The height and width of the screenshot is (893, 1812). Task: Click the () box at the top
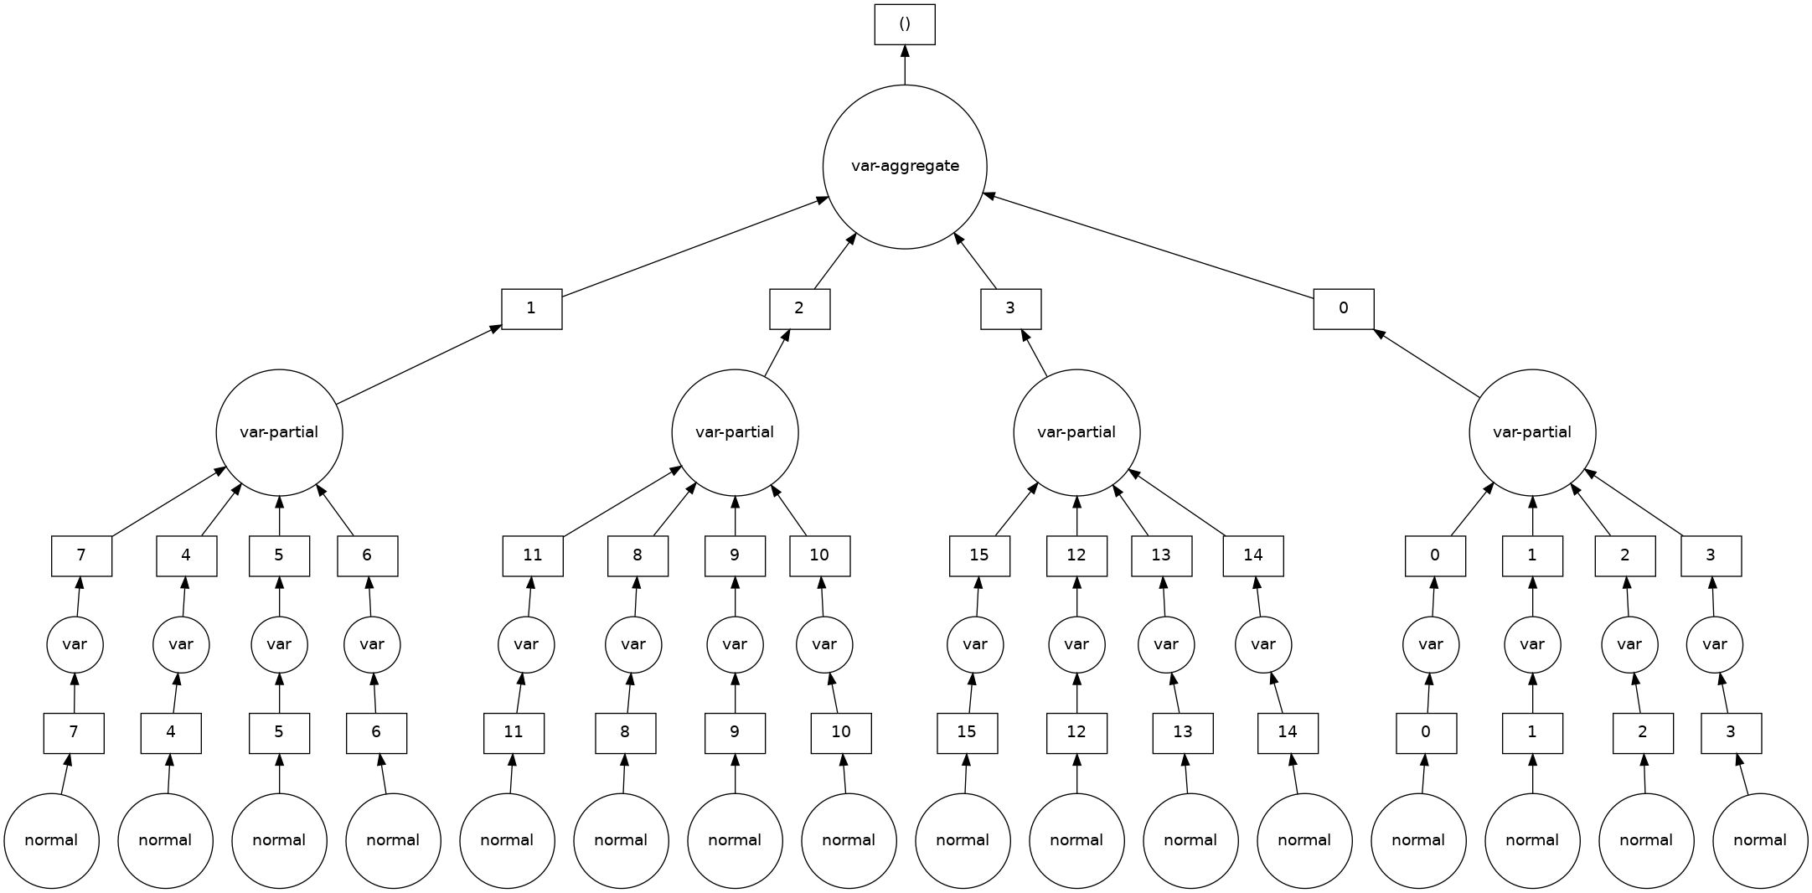[x=905, y=24]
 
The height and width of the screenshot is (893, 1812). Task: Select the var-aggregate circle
[x=905, y=167]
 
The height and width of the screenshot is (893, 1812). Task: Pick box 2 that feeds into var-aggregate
[x=799, y=309]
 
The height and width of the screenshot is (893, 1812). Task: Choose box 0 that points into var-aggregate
[x=1343, y=309]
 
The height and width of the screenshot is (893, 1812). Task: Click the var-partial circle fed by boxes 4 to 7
[x=279, y=433]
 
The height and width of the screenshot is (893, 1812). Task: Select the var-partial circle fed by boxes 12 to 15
[x=1076, y=433]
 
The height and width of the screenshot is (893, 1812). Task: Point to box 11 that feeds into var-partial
[x=533, y=555]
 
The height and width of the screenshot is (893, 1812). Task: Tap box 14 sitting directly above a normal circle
[x=1288, y=733]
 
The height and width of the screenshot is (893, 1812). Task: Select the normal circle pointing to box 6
[x=393, y=840]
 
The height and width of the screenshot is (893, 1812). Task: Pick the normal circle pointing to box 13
[x=1190, y=840]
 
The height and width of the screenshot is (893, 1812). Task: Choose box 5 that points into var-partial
[x=279, y=555]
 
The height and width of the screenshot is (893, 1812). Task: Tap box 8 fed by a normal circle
[x=625, y=733]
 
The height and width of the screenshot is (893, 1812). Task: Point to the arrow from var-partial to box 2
[x=777, y=352]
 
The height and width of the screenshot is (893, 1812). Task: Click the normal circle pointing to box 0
[x=1418, y=840]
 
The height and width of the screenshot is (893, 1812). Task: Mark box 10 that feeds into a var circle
[x=841, y=733]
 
